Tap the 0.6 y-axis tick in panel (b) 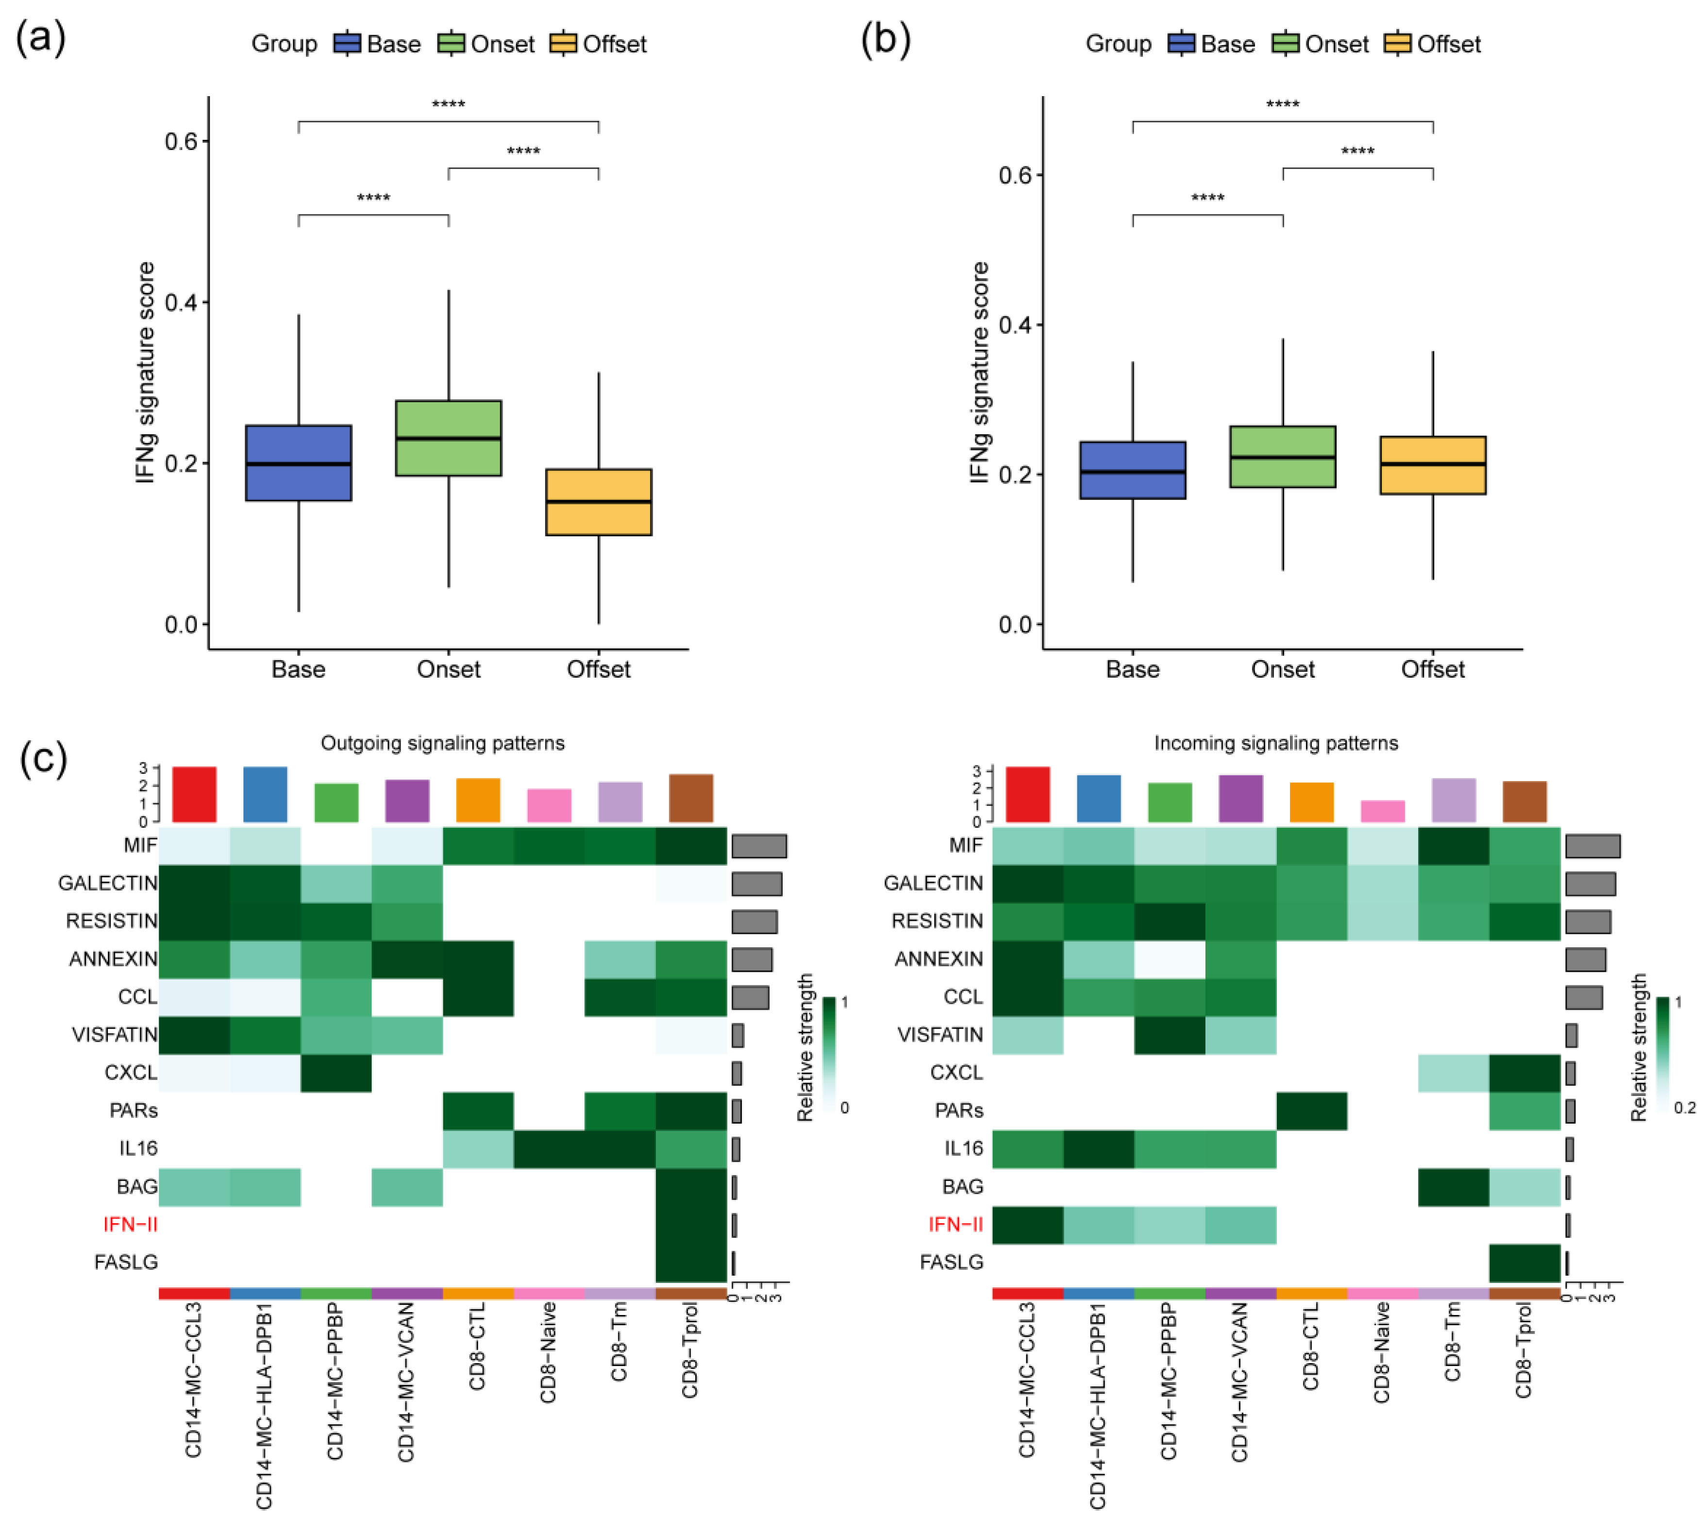coord(1016,175)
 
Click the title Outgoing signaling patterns coord(442,743)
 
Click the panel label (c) coord(42,758)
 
